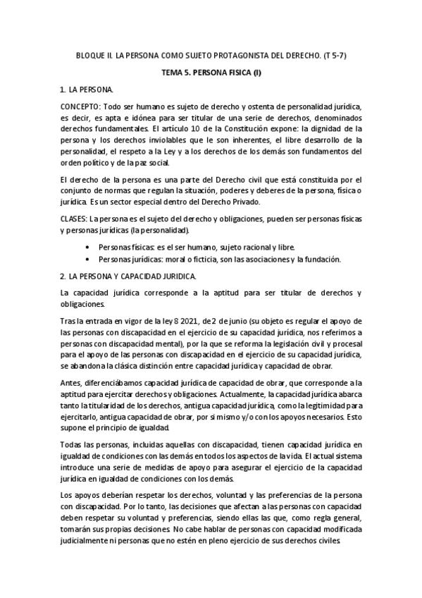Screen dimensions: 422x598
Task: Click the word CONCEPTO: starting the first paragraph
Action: [80, 105]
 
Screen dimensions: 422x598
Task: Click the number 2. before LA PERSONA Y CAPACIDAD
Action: [63, 276]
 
